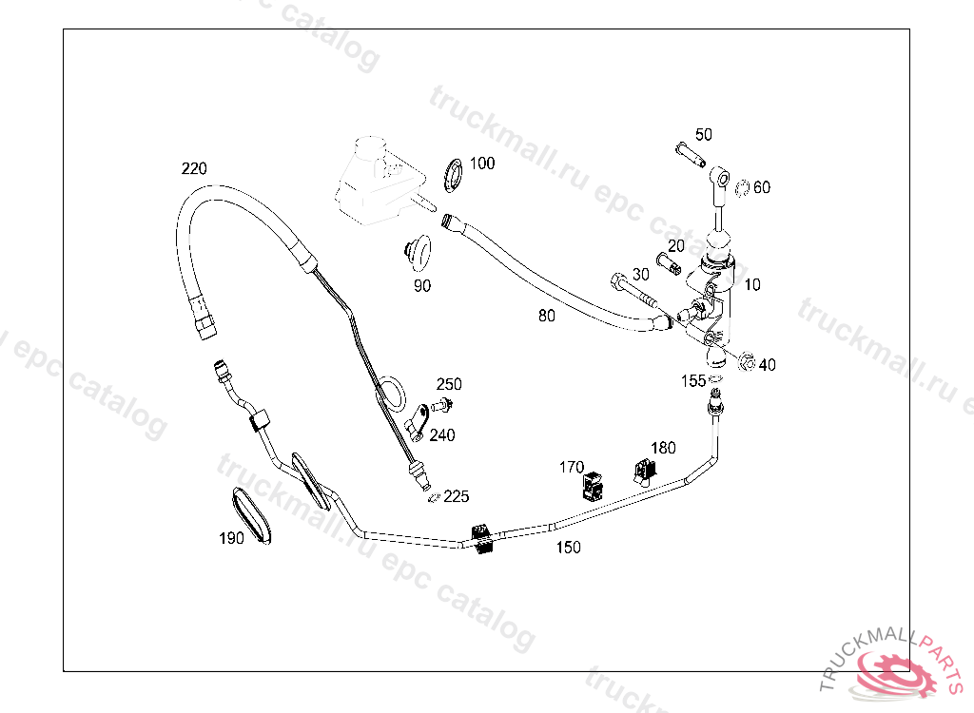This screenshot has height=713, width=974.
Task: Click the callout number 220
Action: [194, 169]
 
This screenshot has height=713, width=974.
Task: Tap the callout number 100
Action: [482, 164]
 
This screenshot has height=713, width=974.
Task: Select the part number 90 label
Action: [421, 285]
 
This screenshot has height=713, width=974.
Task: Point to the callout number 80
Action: [546, 316]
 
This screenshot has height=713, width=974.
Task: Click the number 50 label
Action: [703, 135]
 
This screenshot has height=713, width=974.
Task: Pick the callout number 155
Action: [692, 381]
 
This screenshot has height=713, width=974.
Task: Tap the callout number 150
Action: [568, 548]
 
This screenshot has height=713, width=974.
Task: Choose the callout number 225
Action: [457, 496]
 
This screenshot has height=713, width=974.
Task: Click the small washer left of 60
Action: [742, 186]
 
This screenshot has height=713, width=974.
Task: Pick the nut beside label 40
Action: [746, 362]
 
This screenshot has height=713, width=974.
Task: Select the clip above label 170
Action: [592, 487]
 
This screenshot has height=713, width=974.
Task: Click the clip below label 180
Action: [646, 471]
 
